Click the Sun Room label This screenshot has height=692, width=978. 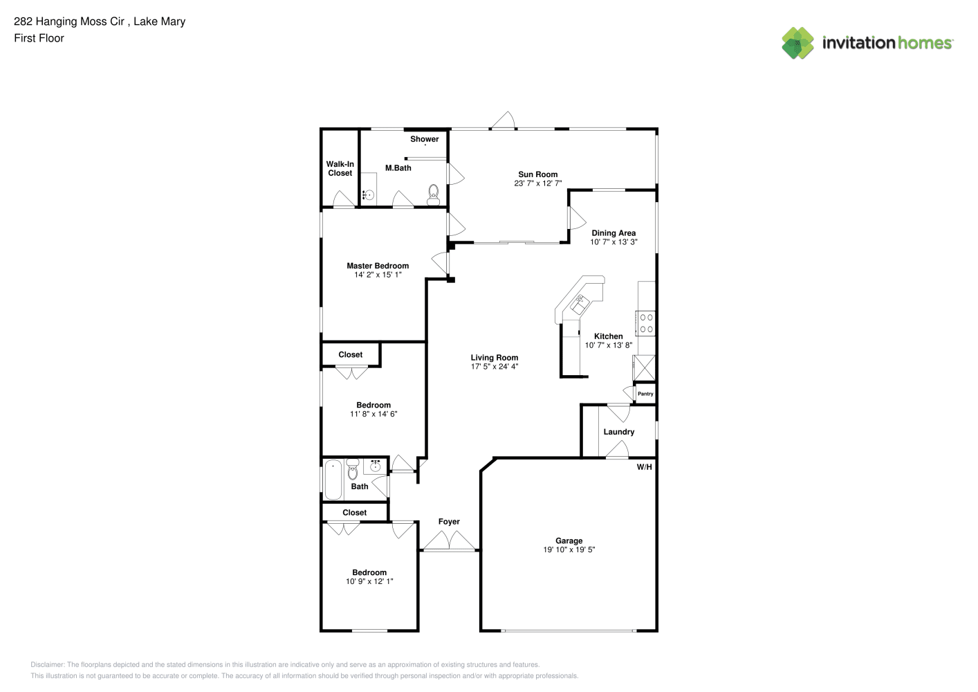[537, 174]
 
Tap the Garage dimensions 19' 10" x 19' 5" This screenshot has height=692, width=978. [569, 549]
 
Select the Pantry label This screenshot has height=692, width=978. [645, 394]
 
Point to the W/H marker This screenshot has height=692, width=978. [644, 467]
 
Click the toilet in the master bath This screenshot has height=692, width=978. [433, 195]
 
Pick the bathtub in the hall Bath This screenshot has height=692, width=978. [333, 480]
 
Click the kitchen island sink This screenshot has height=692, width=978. [580, 304]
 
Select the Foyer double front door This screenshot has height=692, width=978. [450, 541]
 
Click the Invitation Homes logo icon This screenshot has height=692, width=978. [797, 43]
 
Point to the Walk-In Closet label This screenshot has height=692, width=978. [340, 169]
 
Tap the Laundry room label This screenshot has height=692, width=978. [618, 432]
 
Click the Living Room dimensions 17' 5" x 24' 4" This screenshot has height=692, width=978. [495, 367]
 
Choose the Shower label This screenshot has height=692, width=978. [425, 139]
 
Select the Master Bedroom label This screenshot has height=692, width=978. [378, 266]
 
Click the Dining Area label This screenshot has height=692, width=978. [613, 233]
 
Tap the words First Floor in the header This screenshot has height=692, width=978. [39, 38]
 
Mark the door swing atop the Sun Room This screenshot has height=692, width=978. [504, 120]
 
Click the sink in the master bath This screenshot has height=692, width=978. [369, 195]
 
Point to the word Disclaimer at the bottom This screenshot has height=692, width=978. [47, 664]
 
